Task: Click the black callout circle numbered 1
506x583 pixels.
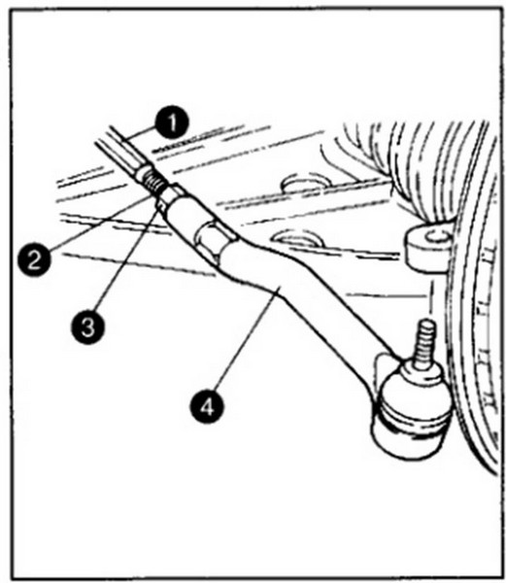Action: click(172, 123)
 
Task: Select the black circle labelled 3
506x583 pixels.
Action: click(88, 328)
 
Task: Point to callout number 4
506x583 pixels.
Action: click(208, 406)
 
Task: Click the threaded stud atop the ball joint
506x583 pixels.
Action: click(423, 345)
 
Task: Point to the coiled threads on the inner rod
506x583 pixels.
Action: click(152, 183)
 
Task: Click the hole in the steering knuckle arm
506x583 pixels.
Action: click(435, 236)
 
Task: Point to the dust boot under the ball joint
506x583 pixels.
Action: click(410, 435)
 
